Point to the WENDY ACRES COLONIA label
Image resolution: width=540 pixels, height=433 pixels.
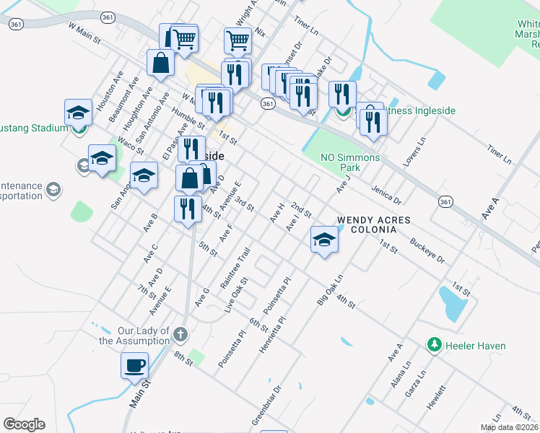(374, 224)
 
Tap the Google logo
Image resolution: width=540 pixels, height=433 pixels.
(24, 424)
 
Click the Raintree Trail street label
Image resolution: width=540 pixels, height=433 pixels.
(235, 268)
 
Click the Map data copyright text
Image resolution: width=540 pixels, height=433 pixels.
(509, 427)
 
